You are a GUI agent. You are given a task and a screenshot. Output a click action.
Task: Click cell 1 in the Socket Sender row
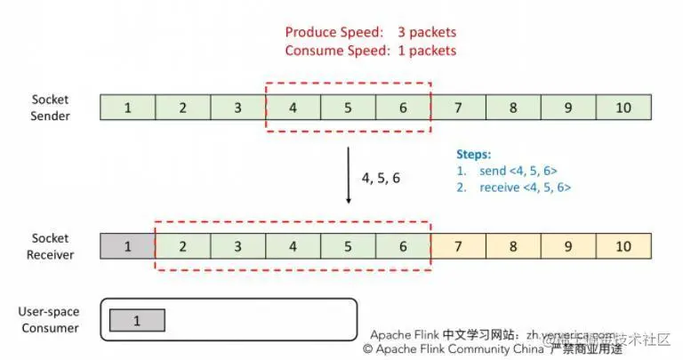(x=128, y=108)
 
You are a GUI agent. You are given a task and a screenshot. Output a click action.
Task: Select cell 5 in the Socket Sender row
(x=348, y=108)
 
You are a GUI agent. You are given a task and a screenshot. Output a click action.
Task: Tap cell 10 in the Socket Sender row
(x=623, y=108)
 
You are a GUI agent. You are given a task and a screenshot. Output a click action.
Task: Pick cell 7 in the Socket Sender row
(x=458, y=108)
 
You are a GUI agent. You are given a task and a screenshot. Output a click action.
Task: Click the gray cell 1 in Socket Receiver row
(x=128, y=246)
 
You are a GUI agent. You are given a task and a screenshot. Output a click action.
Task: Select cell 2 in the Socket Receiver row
(x=183, y=246)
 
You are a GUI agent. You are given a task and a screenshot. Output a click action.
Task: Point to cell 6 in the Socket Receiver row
(x=403, y=246)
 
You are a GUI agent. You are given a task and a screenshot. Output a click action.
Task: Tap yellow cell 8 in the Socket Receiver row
(x=513, y=246)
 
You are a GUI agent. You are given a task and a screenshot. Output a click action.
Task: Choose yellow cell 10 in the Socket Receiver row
(x=623, y=246)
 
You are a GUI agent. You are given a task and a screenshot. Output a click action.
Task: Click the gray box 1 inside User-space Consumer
(x=137, y=320)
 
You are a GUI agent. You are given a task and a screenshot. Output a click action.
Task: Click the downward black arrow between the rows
(x=348, y=176)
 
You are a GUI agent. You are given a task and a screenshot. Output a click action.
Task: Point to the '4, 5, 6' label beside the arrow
(x=381, y=178)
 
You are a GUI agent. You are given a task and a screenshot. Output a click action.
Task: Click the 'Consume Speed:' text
(x=334, y=51)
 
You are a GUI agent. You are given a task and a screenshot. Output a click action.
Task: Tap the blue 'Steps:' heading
(x=473, y=154)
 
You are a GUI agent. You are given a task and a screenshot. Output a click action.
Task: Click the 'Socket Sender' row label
(x=51, y=108)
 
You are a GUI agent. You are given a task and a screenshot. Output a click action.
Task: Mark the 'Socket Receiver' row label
(x=51, y=246)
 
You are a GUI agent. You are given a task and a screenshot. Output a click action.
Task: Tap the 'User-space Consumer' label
(x=49, y=320)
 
